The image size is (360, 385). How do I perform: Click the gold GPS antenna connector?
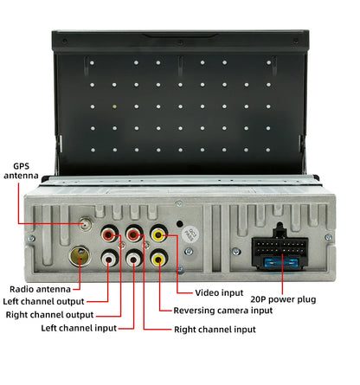coord(86,224)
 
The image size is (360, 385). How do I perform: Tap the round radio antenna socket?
coord(80,256)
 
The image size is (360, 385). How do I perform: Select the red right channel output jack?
coord(110,234)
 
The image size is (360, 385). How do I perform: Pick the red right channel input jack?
coord(134,234)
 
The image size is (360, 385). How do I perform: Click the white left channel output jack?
coord(110,259)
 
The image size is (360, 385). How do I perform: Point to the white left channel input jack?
coord(134,259)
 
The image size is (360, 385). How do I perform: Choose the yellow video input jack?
coord(158,234)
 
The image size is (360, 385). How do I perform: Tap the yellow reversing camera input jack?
coord(158,259)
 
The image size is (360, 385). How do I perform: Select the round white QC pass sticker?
coord(189,234)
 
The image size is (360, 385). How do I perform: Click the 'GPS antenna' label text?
coord(21,170)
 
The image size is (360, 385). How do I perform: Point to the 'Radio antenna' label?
coord(40,289)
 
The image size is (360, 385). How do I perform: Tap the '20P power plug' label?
coord(283,299)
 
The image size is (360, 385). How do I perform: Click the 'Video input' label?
coord(219,292)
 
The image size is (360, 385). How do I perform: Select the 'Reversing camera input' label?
coord(223,311)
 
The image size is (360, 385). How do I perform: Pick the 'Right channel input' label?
coord(215,330)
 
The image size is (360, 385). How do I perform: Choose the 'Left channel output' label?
coord(43,302)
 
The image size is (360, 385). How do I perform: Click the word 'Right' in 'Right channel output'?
coord(15,315)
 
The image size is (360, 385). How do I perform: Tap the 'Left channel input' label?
coord(79,328)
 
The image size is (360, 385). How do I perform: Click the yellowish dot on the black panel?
coord(114,106)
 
